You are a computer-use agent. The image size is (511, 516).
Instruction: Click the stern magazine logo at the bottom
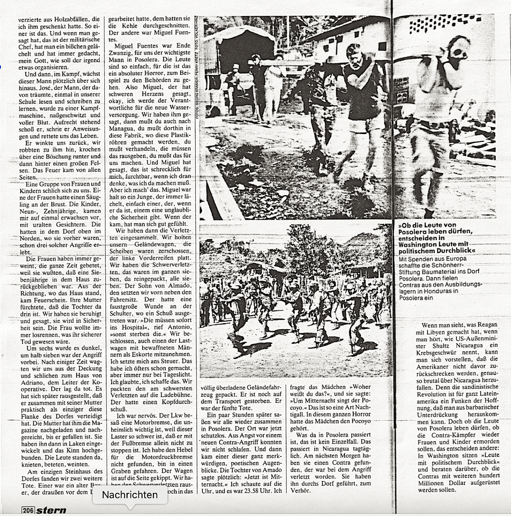pyautogui.click(x=51, y=510)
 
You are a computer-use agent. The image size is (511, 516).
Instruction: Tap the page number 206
pyautogui.click(x=28, y=510)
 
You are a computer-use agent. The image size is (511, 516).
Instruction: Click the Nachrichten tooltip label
pyautogui.click(x=129, y=495)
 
